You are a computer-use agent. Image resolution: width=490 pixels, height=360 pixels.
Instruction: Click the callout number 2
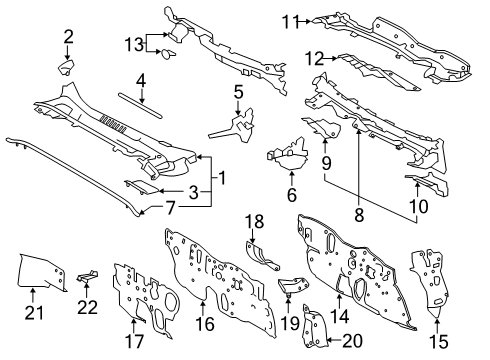pyautogui.click(x=68, y=37)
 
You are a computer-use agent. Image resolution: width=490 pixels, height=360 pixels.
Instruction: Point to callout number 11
pyautogui.click(x=290, y=20)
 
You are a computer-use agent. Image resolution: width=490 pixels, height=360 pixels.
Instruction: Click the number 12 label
pyautogui.click(x=313, y=59)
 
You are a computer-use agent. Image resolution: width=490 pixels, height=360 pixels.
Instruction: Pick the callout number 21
pyautogui.click(x=31, y=322)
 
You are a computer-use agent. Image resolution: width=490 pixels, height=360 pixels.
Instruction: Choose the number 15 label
pyautogui.click(x=436, y=340)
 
